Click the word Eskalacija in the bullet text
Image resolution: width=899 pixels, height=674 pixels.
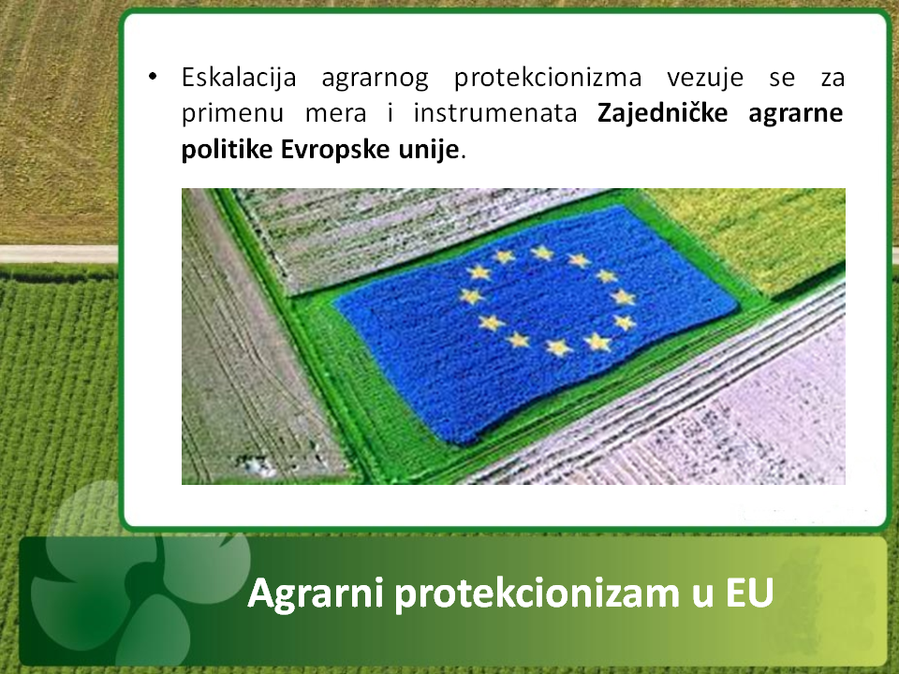pyautogui.click(x=239, y=78)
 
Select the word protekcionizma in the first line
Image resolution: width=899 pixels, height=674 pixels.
pyautogui.click(x=548, y=79)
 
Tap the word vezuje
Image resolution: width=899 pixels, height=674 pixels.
pyautogui.click(x=704, y=78)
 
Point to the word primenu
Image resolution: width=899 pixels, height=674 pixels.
pyautogui.click(x=232, y=113)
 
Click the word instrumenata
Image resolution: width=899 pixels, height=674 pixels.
pyautogui.click(x=495, y=112)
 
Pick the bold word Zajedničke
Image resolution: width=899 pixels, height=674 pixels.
pyautogui.click(x=662, y=113)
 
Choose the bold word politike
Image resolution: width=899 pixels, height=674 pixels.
pyautogui.click(x=227, y=150)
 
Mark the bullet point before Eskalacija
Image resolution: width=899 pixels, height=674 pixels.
pyautogui.click(x=152, y=76)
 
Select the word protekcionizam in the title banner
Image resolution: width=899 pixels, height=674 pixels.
pyautogui.click(x=538, y=593)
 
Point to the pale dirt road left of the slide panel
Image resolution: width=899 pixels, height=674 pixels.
pyautogui.click(x=58, y=254)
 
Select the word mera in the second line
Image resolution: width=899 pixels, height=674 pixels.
pyautogui.click(x=335, y=114)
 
